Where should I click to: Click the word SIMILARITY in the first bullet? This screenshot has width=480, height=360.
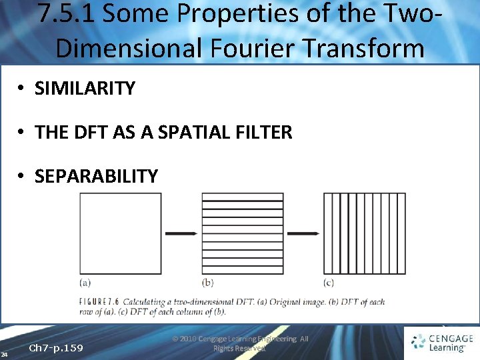[x=85, y=88]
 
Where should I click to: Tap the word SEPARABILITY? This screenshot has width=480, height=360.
[x=96, y=176]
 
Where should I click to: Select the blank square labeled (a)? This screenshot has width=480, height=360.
[x=121, y=233]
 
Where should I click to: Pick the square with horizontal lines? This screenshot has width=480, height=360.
[x=242, y=233]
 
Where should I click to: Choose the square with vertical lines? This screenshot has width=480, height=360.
[x=364, y=233]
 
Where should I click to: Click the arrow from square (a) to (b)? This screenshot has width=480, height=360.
[x=181, y=233]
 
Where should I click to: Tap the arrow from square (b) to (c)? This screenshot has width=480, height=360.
[x=303, y=233]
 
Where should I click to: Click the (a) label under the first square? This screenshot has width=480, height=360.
[x=86, y=282]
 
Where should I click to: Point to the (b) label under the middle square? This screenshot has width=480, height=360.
[x=208, y=282]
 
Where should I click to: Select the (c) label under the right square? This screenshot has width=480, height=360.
[x=329, y=282]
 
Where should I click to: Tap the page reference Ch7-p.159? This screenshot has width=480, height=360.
[x=56, y=348]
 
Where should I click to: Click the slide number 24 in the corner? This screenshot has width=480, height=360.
[x=4, y=353]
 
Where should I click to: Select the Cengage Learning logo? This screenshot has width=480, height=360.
[x=442, y=343]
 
